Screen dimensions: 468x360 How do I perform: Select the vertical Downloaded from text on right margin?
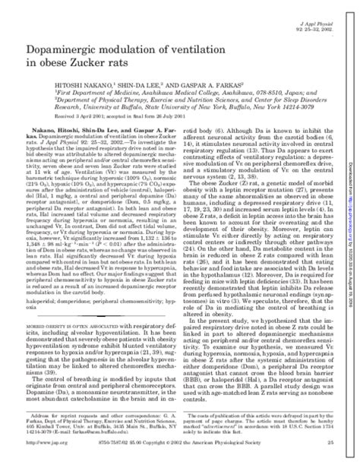[352, 152]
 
